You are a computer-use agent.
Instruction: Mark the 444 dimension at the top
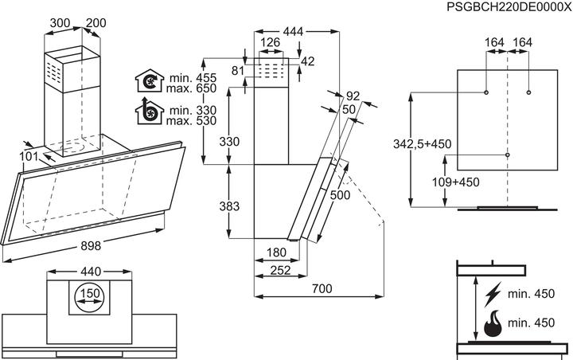293,31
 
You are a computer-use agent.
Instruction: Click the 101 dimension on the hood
29,157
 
